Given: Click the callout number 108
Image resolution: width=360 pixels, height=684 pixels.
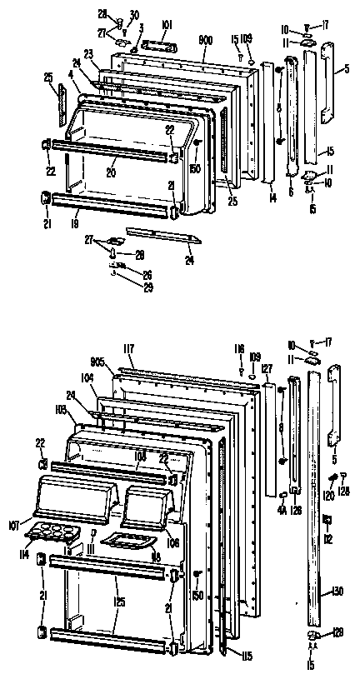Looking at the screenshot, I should click(x=139, y=456).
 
